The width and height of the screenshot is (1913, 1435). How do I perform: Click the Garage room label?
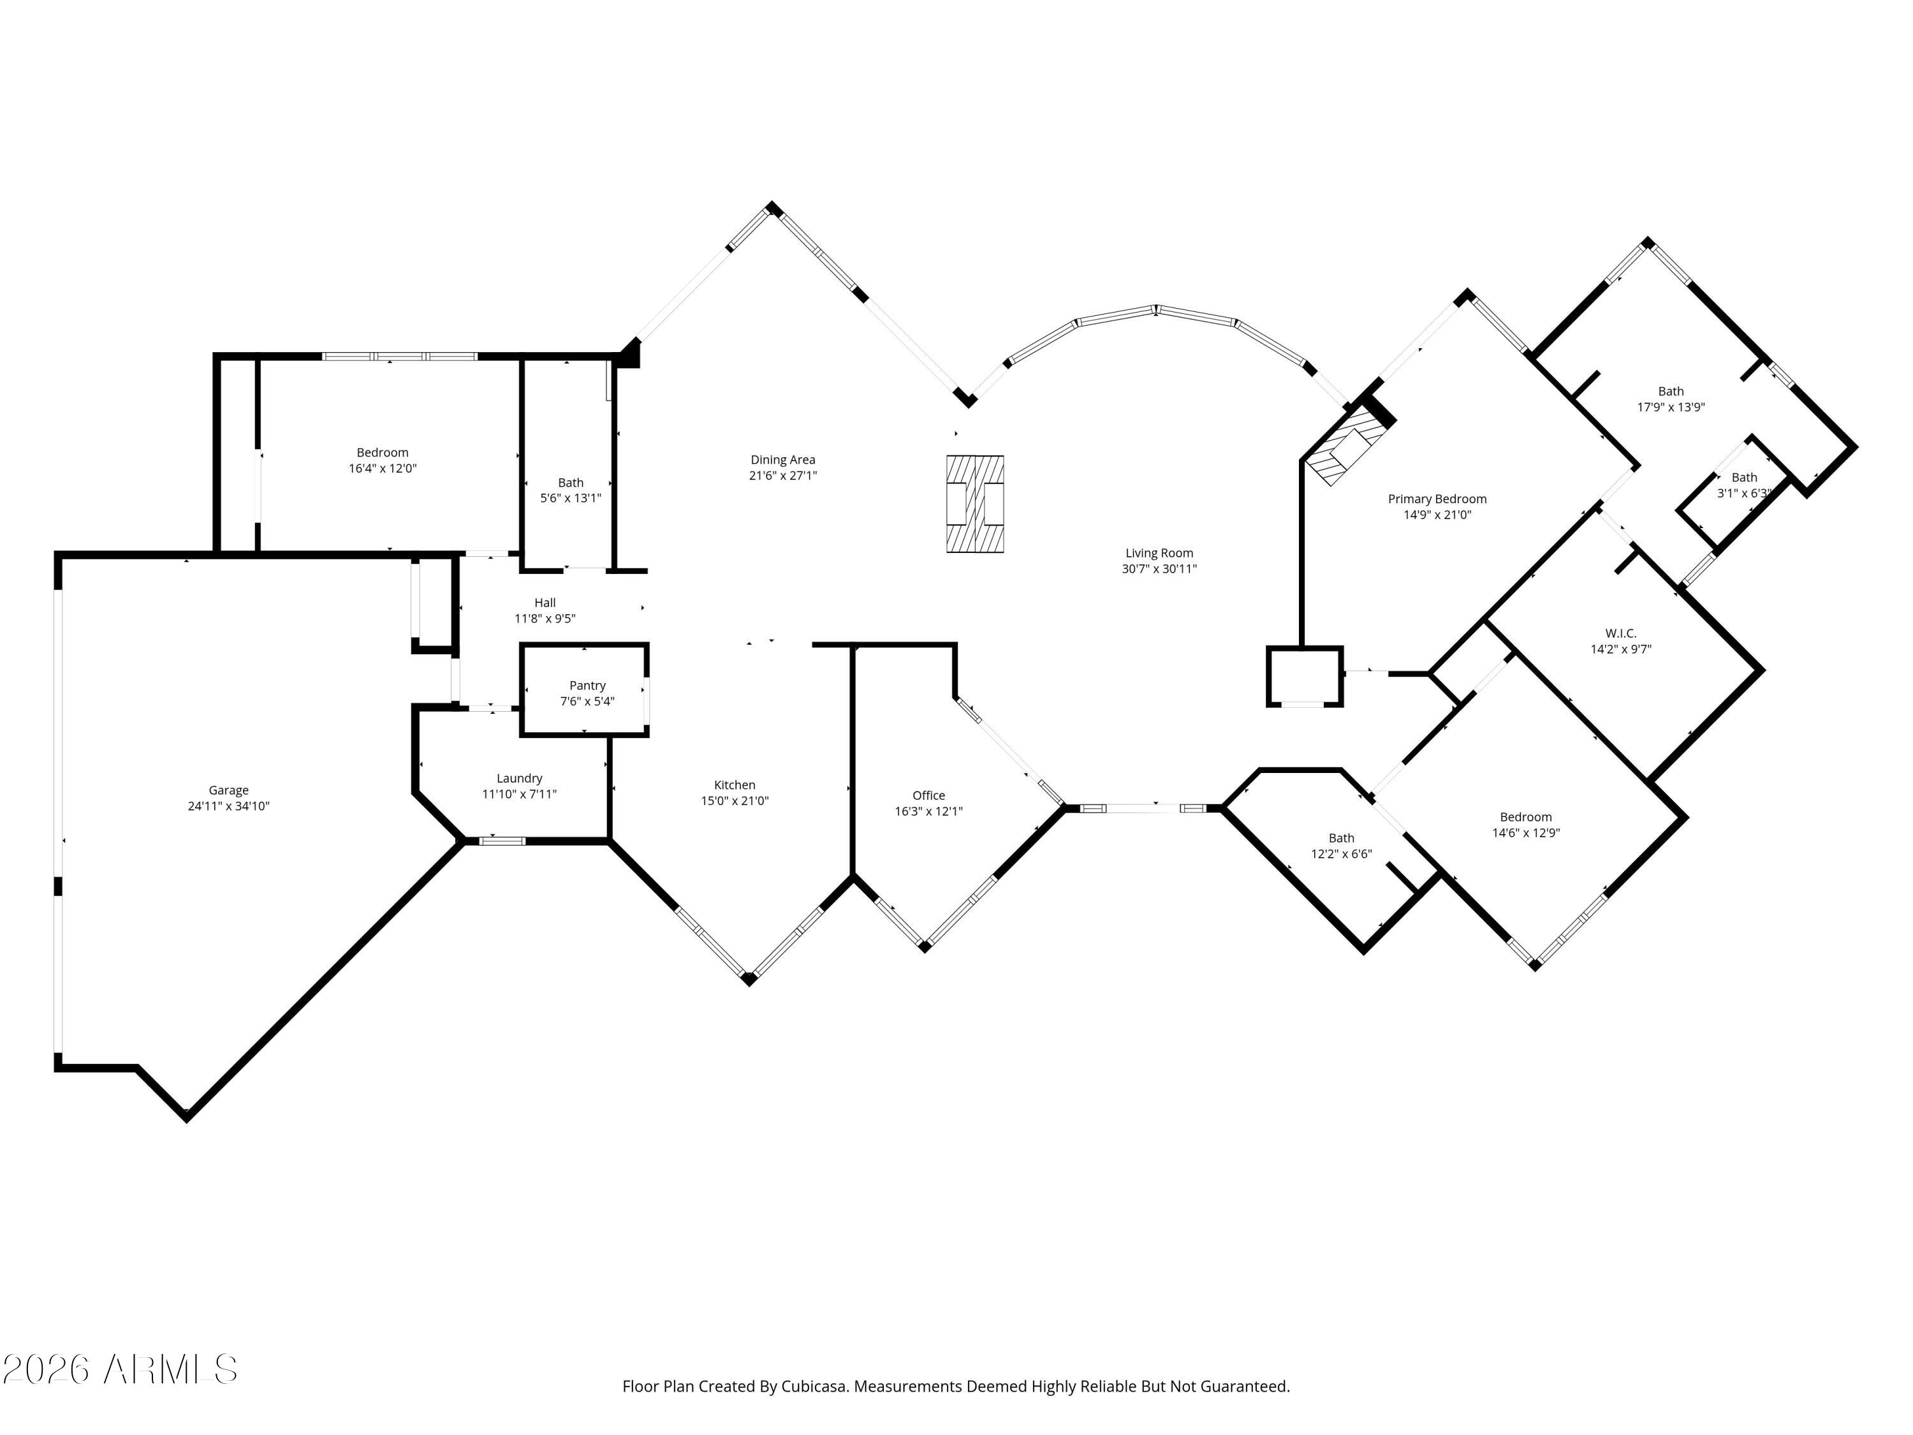point(228,790)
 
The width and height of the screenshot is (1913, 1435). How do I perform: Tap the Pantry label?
point(587,686)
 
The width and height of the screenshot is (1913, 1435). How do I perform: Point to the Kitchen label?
point(734,785)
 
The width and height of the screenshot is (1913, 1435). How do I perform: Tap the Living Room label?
point(1159,554)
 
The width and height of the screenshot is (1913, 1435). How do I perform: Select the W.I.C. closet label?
point(1621,633)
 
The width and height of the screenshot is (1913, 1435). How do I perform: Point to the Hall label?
point(545,603)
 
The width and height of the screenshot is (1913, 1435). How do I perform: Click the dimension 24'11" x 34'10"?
point(228,806)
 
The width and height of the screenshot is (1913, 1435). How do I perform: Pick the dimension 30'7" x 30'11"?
point(1159,569)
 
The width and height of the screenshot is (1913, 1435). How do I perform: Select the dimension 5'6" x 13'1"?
point(571,498)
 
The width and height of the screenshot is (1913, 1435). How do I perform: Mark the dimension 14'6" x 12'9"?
point(1525,833)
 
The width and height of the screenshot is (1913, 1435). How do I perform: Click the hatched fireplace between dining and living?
point(974,503)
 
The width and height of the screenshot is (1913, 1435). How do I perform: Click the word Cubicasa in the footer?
point(813,1387)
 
